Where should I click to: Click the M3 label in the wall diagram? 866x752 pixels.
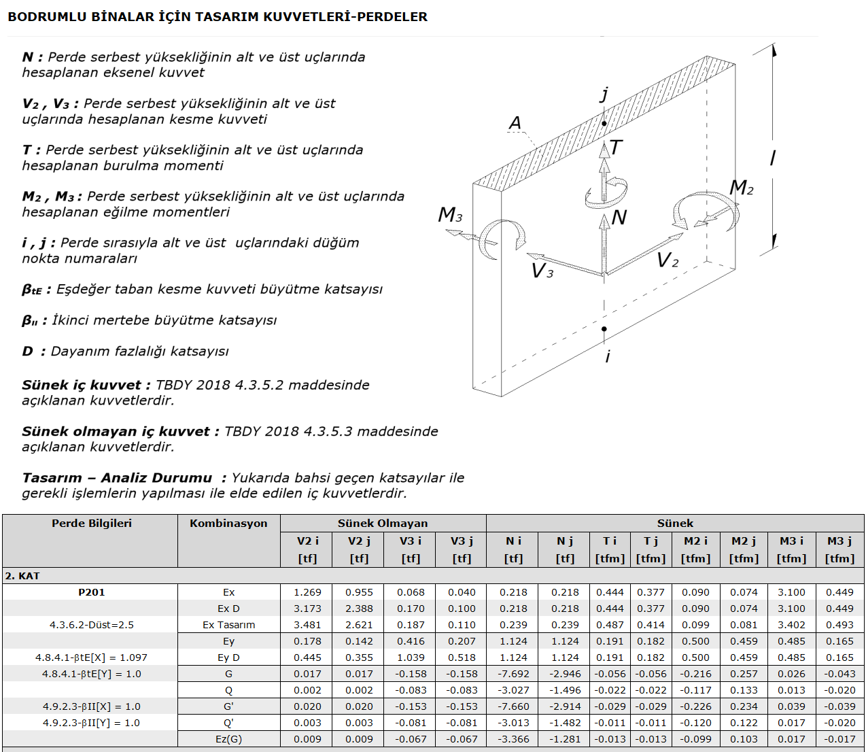450,214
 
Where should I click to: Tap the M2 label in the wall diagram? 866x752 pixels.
741,187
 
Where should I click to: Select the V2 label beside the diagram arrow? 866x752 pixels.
668,260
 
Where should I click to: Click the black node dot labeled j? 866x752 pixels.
604,124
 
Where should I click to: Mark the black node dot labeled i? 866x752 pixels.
604,329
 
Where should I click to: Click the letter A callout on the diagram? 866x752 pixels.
515,123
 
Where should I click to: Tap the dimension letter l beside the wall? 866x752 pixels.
772,158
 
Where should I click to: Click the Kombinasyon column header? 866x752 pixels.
228,524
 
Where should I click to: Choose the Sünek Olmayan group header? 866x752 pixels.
383,524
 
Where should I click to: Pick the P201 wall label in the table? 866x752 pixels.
91,592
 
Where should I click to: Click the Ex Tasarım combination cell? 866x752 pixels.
228,625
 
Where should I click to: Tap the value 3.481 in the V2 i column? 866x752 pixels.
307,625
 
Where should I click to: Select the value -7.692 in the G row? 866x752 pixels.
513,674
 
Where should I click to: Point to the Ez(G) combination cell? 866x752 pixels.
228,739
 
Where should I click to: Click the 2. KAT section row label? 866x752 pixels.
22,576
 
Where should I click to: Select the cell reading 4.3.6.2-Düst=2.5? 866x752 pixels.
91,625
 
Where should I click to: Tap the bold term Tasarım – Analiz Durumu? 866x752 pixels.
117,477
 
